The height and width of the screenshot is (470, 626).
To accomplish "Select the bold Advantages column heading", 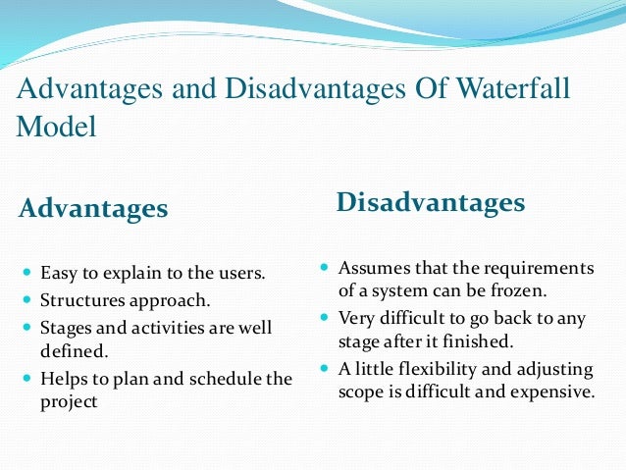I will point(93,208).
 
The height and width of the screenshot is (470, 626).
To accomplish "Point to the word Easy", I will point(58,271).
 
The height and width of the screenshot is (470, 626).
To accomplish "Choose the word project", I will point(69,401).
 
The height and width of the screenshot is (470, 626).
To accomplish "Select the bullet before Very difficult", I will point(325,318).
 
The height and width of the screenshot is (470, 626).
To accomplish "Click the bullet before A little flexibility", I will point(325,368).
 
